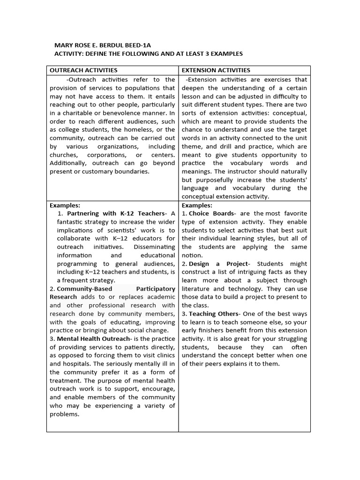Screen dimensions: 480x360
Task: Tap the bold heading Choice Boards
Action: click(212, 213)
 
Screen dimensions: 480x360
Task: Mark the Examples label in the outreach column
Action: click(65, 205)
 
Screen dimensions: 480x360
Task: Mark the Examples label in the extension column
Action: click(197, 205)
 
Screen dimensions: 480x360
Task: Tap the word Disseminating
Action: click(154, 247)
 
